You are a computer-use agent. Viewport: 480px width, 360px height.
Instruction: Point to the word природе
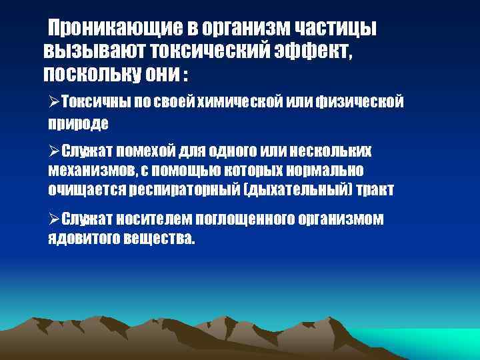click(x=77, y=123)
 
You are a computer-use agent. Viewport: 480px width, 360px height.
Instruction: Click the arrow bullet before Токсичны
click(x=53, y=101)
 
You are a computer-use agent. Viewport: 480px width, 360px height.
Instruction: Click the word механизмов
click(x=90, y=170)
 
